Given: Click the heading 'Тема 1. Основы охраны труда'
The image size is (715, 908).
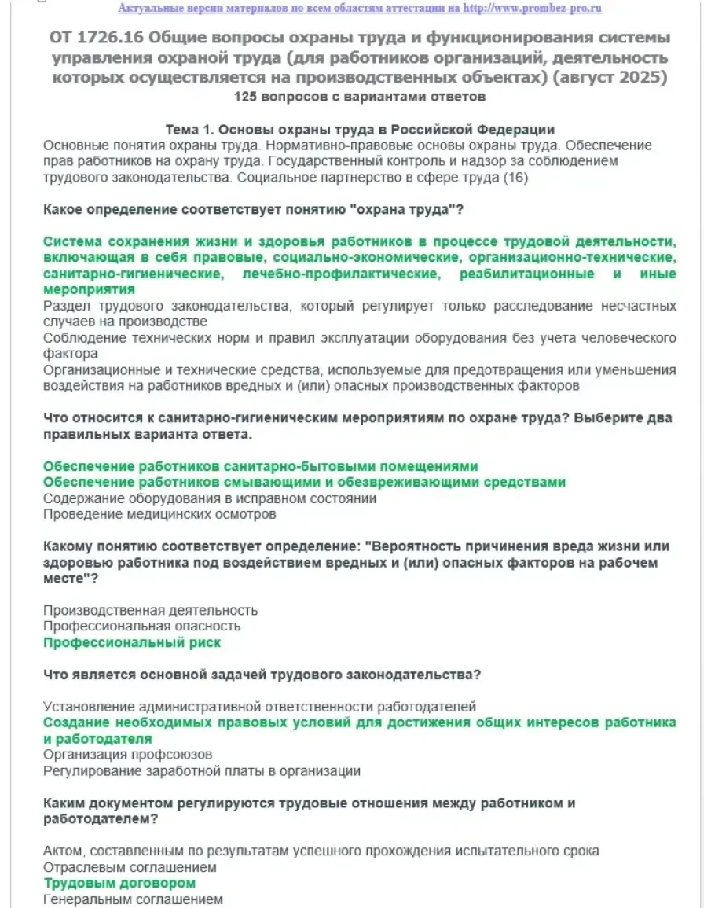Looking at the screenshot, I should click(x=360, y=130).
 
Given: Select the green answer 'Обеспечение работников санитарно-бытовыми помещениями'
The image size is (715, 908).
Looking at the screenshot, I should click(x=260, y=466).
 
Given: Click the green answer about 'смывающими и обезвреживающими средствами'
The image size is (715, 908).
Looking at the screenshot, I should click(x=304, y=482).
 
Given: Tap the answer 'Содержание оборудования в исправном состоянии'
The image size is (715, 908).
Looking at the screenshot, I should click(x=210, y=498).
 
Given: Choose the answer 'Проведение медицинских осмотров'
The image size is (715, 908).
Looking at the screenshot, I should click(x=159, y=514).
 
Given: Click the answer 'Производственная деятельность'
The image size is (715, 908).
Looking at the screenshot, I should click(x=150, y=610).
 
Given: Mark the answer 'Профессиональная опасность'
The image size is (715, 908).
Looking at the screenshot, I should click(x=141, y=627).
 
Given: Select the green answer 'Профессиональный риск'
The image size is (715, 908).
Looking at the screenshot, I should click(x=132, y=642).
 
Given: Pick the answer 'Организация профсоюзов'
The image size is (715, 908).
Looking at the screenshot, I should click(x=127, y=755).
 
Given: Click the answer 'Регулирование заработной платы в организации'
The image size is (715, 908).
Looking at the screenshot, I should click(x=202, y=771).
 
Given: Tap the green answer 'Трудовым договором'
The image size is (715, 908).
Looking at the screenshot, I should click(x=119, y=883).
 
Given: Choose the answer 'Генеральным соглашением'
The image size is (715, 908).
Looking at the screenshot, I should click(x=133, y=899).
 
